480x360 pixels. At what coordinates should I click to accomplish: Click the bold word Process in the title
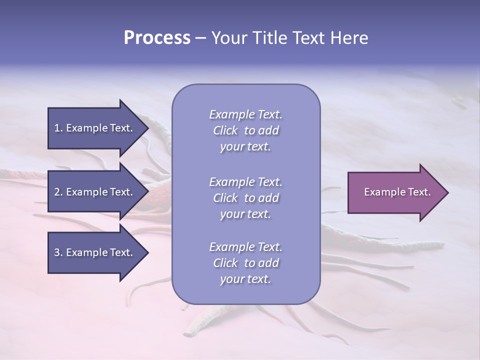click(x=157, y=38)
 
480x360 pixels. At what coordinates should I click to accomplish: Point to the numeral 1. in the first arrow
click(x=58, y=128)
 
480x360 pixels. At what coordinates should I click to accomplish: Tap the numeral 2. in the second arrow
click(x=58, y=192)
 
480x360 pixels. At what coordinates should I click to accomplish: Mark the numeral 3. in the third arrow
click(x=58, y=252)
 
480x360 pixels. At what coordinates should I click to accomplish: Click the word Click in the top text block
click(x=225, y=130)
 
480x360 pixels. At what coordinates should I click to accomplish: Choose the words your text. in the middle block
click(x=245, y=214)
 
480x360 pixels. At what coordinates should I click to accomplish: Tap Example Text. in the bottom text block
click(x=245, y=247)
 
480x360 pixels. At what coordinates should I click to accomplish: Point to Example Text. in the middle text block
click(x=245, y=182)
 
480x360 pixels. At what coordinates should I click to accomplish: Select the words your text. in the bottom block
click(x=245, y=279)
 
